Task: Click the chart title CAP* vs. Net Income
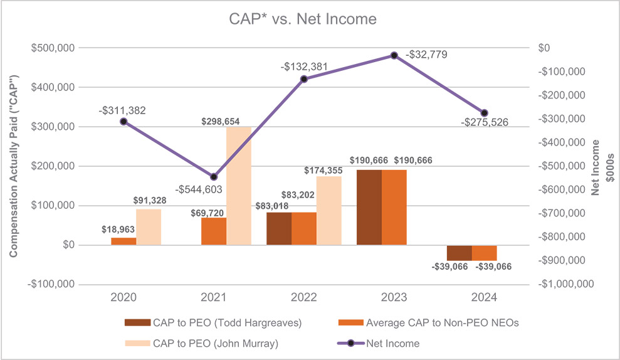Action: (303, 19)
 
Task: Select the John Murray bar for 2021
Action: (239, 186)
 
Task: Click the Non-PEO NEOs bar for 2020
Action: (123, 241)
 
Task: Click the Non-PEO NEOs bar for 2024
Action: (484, 253)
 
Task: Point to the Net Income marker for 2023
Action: (394, 55)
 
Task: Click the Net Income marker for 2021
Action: (214, 177)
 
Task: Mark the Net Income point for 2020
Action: (123, 122)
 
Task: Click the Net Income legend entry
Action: (384, 343)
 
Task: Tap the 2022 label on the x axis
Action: (304, 296)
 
